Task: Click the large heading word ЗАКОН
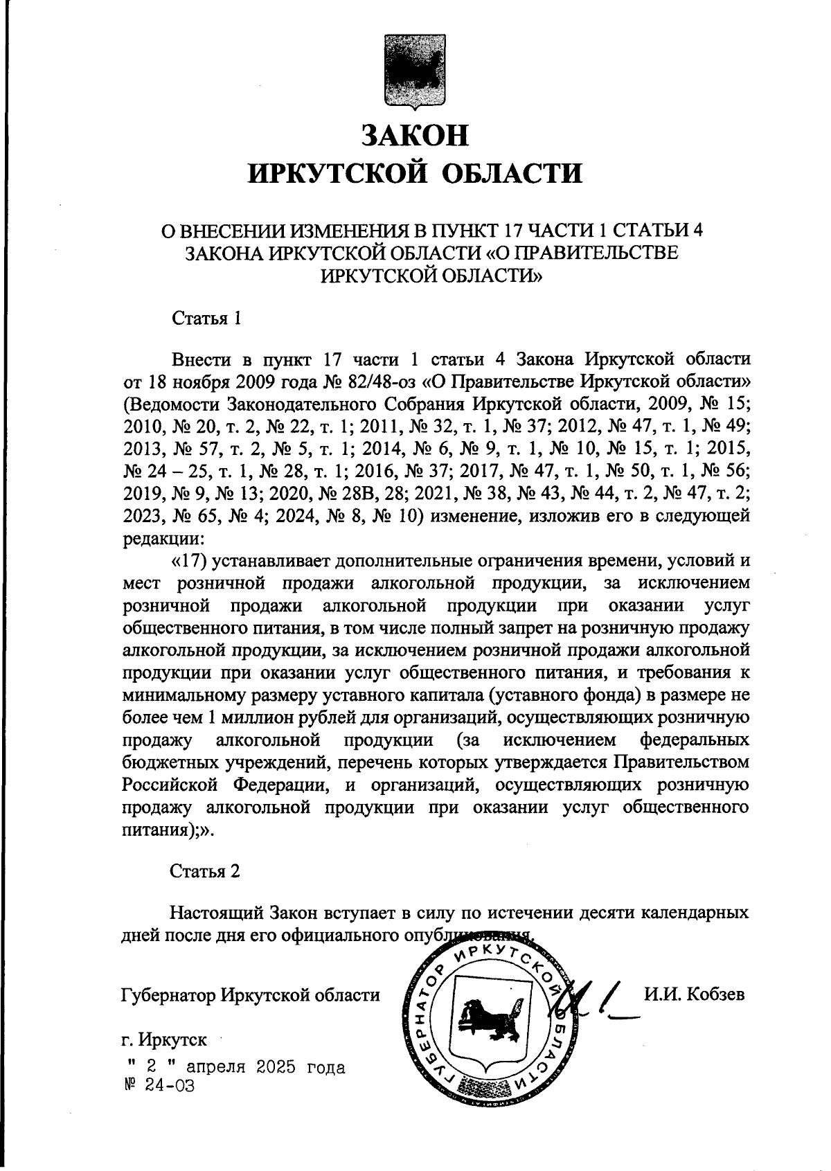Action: (x=415, y=135)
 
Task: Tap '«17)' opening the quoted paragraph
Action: (x=186, y=560)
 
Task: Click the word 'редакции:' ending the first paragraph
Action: (x=162, y=537)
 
